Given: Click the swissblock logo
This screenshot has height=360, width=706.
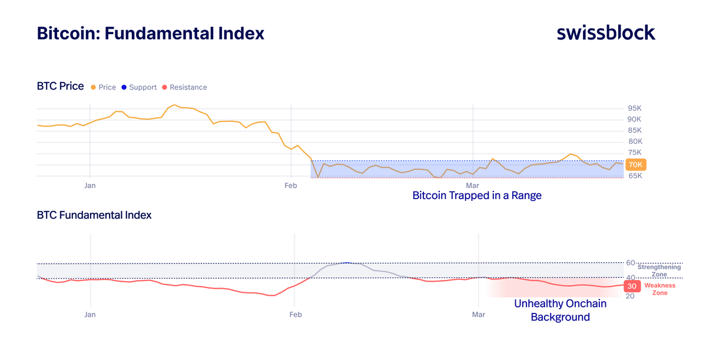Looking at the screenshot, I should tap(606, 33).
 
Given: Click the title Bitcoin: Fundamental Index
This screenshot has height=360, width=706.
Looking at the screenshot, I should tap(151, 33).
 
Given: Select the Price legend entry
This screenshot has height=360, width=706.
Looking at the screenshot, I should tap(104, 87).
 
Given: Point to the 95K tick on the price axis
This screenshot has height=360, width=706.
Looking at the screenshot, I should tap(635, 108).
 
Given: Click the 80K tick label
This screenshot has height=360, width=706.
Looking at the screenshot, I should tap(635, 142).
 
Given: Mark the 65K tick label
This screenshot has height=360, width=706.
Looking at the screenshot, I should tap(635, 176).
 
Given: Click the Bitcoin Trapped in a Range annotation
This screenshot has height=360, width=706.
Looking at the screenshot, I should tap(476, 196).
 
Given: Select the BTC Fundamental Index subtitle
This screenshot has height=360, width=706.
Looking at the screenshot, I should tap(94, 215).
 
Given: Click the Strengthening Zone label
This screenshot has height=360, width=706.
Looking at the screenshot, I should tap(659, 270).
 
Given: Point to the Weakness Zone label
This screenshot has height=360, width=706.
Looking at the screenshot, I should tap(659, 289).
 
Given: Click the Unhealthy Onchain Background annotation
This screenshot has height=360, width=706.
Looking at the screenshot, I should tap(560, 311).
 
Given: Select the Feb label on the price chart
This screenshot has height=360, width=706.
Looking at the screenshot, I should tap(290, 186).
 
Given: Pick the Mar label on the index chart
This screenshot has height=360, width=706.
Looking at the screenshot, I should tap(478, 315).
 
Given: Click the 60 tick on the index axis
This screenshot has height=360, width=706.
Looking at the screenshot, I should tap(630, 263).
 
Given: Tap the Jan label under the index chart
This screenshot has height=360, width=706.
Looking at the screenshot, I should tap(90, 315).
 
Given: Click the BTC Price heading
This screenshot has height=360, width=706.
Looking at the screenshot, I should tap(60, 87).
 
